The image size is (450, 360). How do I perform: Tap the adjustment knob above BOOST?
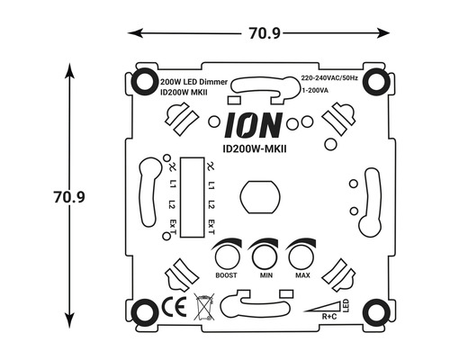(x=226, y=252)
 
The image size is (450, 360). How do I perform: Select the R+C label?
(x=330, y=315)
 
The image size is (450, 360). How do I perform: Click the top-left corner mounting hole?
(x=144, y=82)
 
